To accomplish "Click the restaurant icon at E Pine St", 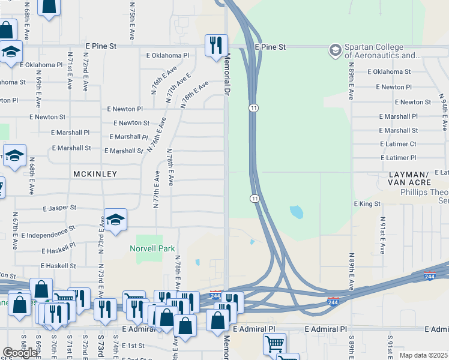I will click(x=215, y=45).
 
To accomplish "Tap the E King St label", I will click(x=367, y=204).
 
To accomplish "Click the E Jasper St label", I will click(x=59, y=208).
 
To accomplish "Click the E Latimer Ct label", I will click(x=398, y=144).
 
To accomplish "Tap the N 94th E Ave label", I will click(x=444, y=113).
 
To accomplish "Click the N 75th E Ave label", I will click(x=132, y=18).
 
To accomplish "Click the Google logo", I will click(x=20, y=353).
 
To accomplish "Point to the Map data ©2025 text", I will click(x=423, y=355).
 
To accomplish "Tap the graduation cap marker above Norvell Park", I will click(x=115, y=220).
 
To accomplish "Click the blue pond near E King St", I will click(x=296, y=212).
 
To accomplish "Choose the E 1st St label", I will click(x=133, y=346).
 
